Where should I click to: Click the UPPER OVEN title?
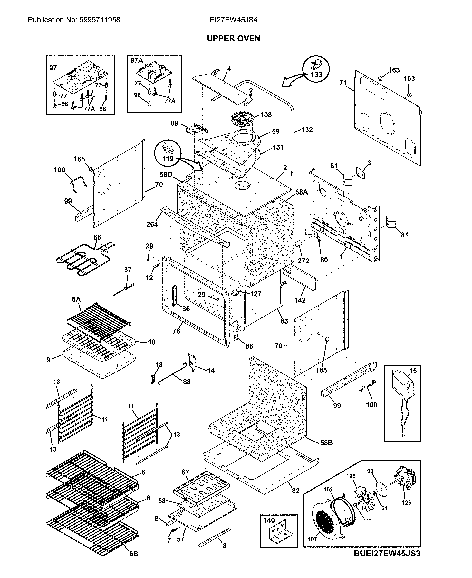[233, 38]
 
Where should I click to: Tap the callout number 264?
[152, 224]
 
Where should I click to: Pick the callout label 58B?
[326, 443]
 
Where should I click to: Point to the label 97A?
[137, 60]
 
